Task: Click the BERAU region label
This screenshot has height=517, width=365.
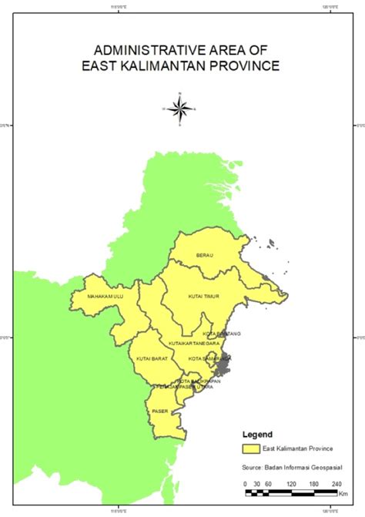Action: [x=204, y=255]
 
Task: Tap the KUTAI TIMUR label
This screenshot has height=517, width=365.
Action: [x=204, y=296]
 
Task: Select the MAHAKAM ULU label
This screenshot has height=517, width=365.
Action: [x=105, y=296]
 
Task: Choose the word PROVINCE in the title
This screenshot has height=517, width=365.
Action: [x=246, y=65]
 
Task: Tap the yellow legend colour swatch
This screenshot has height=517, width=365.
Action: [x=249, y=448]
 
